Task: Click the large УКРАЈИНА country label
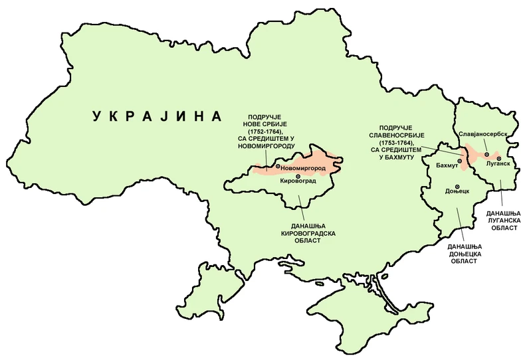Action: click(157, 117)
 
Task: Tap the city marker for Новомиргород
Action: click(278, 167)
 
